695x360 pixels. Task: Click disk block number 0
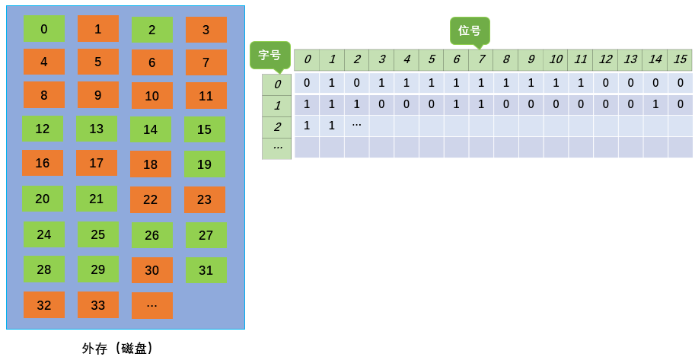(x=44, y=29)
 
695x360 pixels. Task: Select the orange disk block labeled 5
(x=98, y=62)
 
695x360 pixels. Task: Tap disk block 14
(x=151, y=129)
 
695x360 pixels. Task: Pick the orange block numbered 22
(x=151, y=199)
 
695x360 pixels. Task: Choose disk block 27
(x=206, y=235)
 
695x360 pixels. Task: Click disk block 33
(x=98, y=305)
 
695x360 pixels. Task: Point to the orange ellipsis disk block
(x=152, y=305)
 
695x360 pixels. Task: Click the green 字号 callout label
(x=269, y=55)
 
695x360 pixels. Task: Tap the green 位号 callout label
(x=469, y=30)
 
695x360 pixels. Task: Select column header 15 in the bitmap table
(x=680, y=59)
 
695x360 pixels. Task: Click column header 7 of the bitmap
(x=481, y=59)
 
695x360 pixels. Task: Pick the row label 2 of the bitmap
(x=277, y=127)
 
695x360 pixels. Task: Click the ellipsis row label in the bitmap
(x=277, y=147)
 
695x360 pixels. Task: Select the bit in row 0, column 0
(x=307, y=83)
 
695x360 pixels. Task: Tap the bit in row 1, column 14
(x=655, y=104)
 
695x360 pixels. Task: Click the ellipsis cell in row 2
(x=356, y=125)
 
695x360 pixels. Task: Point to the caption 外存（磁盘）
(x=118, y=348)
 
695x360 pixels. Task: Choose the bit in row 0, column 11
(x=581, y=83)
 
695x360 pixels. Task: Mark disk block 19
(x=204, y=164)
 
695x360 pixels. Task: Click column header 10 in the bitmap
(x=556, y=59)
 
